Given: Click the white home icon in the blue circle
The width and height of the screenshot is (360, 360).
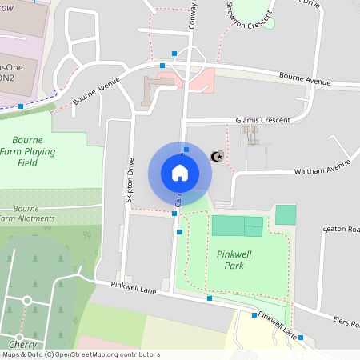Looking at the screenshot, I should point(180,172).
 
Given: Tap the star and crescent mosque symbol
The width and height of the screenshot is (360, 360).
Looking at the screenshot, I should point(216,156).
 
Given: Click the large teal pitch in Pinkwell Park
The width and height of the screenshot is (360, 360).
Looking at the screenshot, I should point(237,226).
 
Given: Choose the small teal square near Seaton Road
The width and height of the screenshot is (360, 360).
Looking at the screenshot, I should point(286,214).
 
